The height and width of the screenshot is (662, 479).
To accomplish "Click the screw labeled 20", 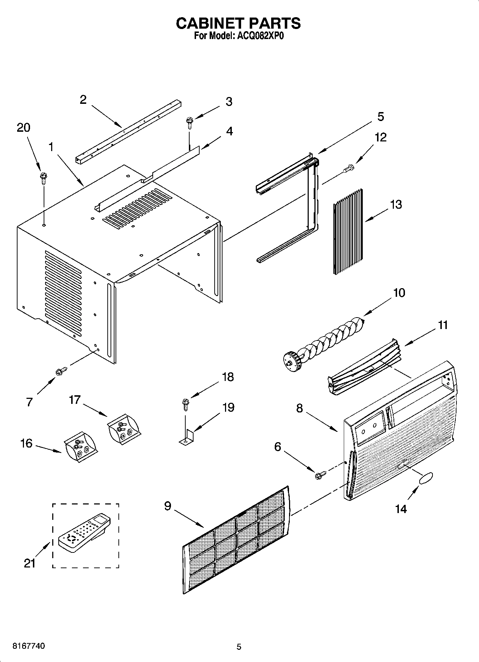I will coord(44,178).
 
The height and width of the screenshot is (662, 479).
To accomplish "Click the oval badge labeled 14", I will coord(425,478).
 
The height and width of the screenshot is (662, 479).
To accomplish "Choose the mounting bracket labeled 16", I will coord(80,446).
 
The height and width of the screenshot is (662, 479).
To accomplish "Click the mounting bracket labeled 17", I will coord(124,428).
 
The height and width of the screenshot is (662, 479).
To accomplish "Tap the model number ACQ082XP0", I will coord(259,36).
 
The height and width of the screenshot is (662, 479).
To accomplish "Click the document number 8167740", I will coord(29,646).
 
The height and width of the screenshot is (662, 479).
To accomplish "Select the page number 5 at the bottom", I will coord(239,647).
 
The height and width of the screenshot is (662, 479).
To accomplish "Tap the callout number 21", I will coord(30,564).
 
